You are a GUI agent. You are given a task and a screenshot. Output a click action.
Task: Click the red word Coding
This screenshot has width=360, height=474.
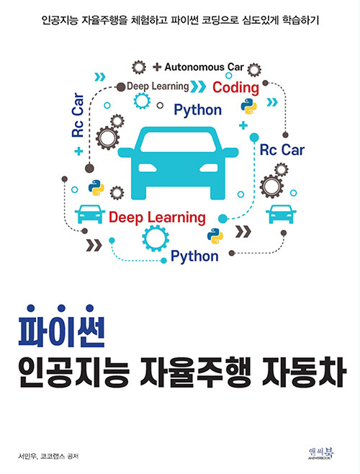[x=235, y=88]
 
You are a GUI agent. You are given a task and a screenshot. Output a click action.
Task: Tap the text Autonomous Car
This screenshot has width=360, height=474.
[x=204, y=67]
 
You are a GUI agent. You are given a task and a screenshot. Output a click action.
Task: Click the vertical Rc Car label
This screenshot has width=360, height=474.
[x=78, y=115]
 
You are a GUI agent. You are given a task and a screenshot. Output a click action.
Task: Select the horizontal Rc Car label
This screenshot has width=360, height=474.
[x=282, y=150]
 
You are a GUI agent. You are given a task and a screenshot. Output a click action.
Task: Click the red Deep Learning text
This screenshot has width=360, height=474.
[x=157, y=218]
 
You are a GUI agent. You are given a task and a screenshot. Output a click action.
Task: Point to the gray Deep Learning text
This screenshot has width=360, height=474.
[x=158, y=86]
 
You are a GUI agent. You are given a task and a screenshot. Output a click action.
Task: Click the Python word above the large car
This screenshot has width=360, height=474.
[x=198, y=110]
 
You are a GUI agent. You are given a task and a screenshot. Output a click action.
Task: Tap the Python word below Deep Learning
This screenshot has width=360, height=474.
[x=194, y=256]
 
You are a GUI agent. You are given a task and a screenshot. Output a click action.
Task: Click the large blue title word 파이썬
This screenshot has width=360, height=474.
[x=62, y=327]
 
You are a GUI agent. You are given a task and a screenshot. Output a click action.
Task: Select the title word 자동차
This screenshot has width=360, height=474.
[x=304, y=372]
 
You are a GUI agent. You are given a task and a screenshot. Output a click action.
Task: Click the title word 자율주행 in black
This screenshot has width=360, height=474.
[x=196, y=372]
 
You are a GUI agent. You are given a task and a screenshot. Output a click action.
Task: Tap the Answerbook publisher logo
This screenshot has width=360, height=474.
[x=320, y=454]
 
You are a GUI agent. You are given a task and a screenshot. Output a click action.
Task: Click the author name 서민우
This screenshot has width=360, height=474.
[x=27, y=456]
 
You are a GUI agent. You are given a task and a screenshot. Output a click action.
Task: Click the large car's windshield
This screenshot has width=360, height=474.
[x=179, y=142]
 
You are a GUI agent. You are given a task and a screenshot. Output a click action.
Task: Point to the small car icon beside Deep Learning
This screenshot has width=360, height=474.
[x=90, y=214]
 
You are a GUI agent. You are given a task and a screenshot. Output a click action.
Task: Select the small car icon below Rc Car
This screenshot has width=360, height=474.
[x=281, y=214]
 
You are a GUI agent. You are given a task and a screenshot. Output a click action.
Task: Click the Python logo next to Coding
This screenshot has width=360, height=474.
[x=249, y=107]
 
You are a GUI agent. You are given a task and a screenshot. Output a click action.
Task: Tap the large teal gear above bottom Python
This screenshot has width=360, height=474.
[x=156, y=238]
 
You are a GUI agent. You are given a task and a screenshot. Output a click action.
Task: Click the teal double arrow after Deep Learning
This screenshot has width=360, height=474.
[x=199, y=86]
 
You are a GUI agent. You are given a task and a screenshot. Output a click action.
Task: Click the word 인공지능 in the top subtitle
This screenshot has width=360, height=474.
[x=60, y=20]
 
